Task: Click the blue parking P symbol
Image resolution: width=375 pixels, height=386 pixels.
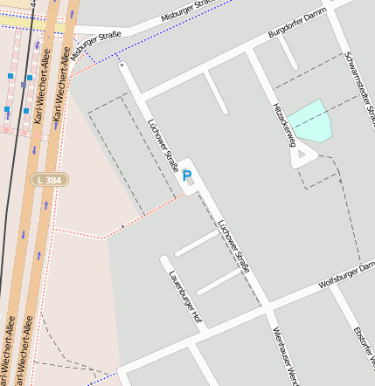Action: [x=187, y=176]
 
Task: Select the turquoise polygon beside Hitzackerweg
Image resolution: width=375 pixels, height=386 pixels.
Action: [x=311, y=121]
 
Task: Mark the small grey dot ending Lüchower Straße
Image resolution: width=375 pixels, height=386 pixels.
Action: [x=122, y=64]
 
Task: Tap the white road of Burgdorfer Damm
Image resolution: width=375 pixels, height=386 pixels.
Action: [x=219, y=67]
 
